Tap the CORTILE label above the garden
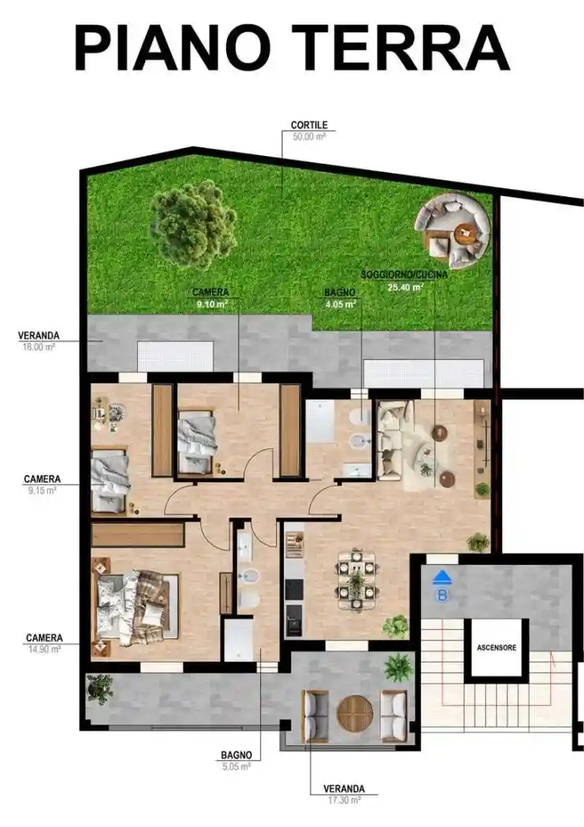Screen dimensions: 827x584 (x=309, y=124)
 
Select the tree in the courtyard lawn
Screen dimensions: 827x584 (x=193, y=224)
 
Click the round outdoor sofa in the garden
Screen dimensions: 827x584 (x=452, y=229)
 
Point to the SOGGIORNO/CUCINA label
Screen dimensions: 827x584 (x=404, y=275)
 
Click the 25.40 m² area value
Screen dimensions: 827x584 (x=405, y=287)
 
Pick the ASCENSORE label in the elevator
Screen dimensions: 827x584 (x=497, y=648)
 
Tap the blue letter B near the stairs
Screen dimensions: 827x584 (x=442, y=595)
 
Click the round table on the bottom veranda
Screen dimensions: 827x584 (x=355, y=713)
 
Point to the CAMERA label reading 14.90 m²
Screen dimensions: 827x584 (x=44, y=638)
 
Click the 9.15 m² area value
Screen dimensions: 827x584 (x=41, y=490)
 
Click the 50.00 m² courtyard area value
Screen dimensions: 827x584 (x=309, y=136)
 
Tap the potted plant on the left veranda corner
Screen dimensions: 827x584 (x=100, y=687)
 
